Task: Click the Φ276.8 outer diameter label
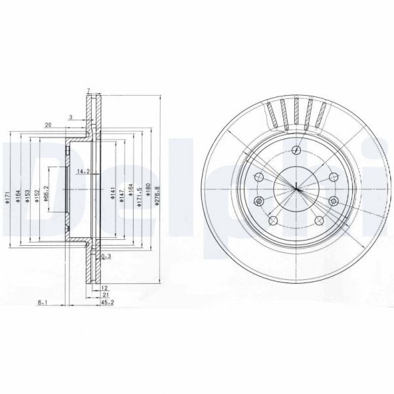point(157,196)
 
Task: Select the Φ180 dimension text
point(148,191)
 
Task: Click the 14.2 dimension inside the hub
point(83,171)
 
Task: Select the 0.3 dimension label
point(105,256)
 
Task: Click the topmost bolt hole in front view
point(297,151)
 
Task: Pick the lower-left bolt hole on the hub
point(259,201)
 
